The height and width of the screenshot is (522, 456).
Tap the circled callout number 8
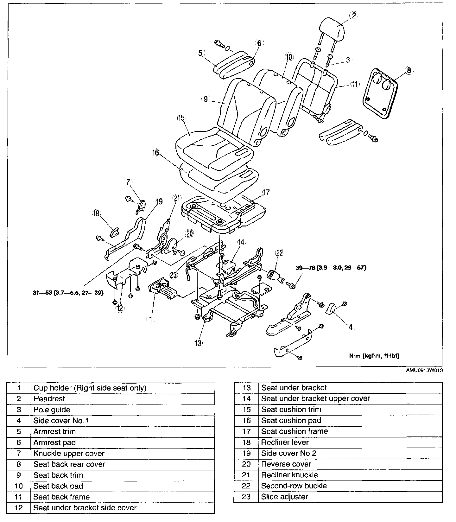(x=408, y=70)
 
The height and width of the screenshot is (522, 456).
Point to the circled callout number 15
(x=181, y=118)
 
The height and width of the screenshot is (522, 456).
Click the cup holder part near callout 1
(x=163, y=289)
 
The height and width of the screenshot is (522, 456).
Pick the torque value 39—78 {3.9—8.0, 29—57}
(x=331, y=268)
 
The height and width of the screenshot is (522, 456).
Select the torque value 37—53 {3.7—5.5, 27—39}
(x=68, y=293)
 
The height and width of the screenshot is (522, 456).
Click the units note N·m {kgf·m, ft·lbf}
(x=374, y=356)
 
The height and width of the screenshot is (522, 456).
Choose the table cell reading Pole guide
(x=52, y=410)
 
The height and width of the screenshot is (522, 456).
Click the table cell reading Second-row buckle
(x=294, y=486)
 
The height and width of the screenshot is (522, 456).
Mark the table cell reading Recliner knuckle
(x=289, y=475)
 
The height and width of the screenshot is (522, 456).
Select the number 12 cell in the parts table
(x=19, y=508)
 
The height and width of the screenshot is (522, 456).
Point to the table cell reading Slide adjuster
(x=284, y=497)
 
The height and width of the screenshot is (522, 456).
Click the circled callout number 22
(x=280, y=253)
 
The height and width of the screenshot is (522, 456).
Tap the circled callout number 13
(x=198, y=343)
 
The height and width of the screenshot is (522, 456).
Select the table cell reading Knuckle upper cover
(x=69, y=453)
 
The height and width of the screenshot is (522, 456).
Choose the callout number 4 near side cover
(x=350, y=327)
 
